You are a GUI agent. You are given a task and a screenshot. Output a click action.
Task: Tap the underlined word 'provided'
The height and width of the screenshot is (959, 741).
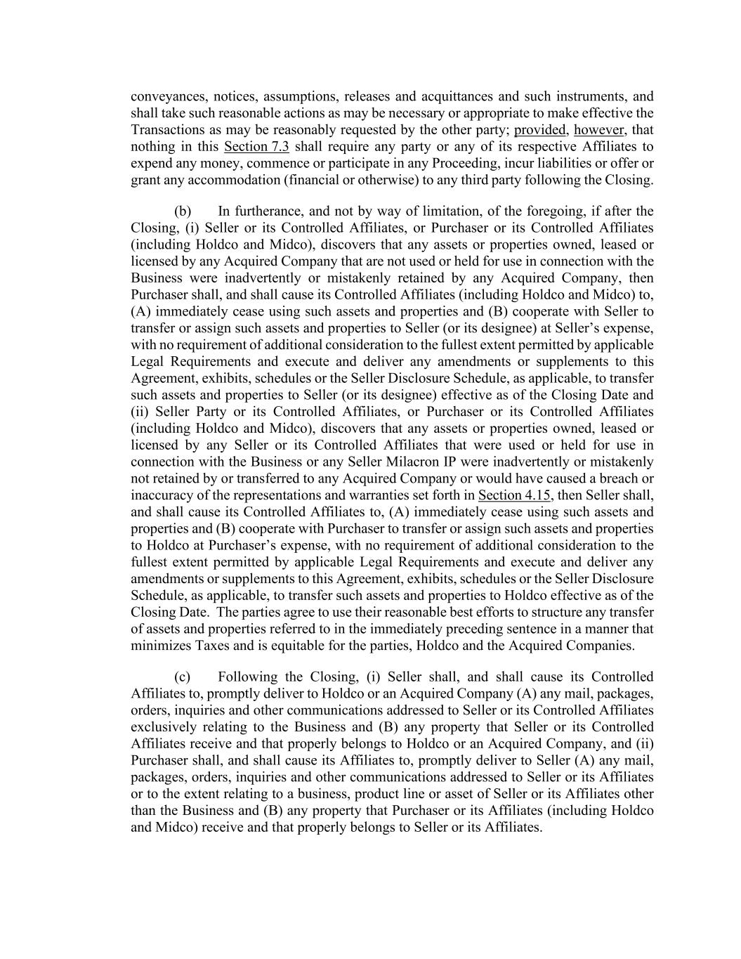[x=540, y=130]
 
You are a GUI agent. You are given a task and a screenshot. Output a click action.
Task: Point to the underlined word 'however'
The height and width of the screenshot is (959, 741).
[x=599, y=130]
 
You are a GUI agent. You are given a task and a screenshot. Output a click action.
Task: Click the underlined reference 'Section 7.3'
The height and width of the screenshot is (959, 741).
[x=256, y=147]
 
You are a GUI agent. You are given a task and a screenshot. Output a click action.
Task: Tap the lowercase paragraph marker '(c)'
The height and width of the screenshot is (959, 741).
[x=182, y=677]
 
